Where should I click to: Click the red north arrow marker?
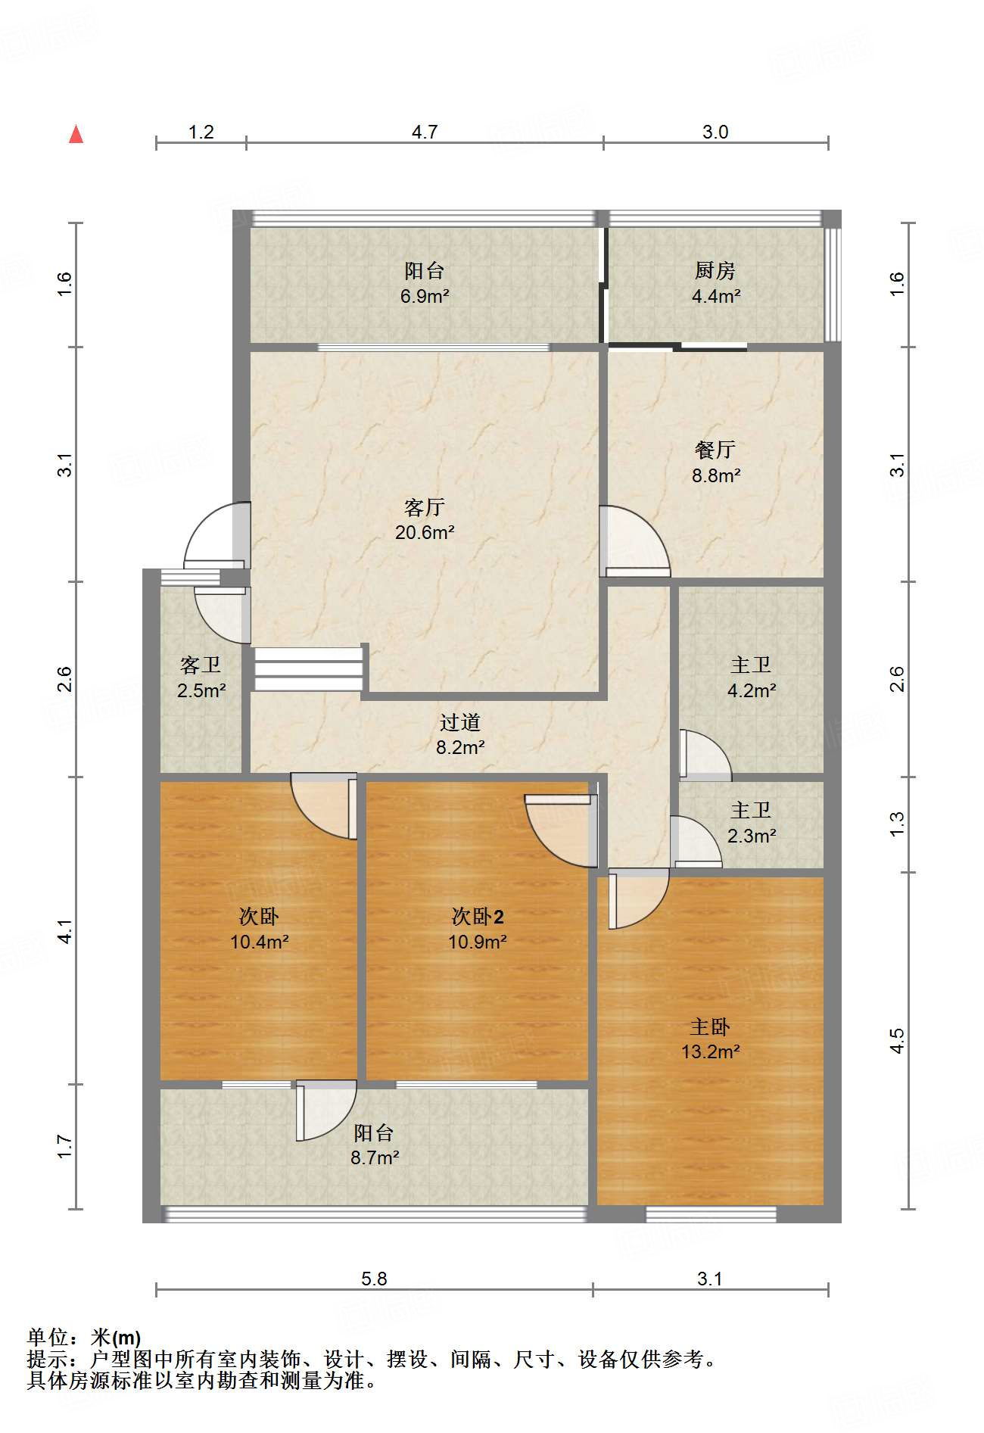(76, 134)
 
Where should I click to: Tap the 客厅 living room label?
(424, 506)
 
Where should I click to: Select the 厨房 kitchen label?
(715, 270)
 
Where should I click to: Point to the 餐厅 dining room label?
(715, 450)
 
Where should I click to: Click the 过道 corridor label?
(460, 722)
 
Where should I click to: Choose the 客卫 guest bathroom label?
(201, 665)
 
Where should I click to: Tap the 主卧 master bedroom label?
(710, 1026)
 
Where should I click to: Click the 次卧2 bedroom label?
(478, 917)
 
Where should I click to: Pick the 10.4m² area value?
(260, 942)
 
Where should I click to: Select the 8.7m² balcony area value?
(375, 1158)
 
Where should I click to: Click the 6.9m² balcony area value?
(425, 296)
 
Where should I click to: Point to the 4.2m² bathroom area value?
(752, 690)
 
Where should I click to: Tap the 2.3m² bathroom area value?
(752, 836)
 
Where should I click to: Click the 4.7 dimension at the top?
(425, 132)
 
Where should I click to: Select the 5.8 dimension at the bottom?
(374, 1279)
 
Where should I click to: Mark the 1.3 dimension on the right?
(896, 824)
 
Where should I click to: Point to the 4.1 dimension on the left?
(65, 931)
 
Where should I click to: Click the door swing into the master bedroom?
(638, 899)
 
